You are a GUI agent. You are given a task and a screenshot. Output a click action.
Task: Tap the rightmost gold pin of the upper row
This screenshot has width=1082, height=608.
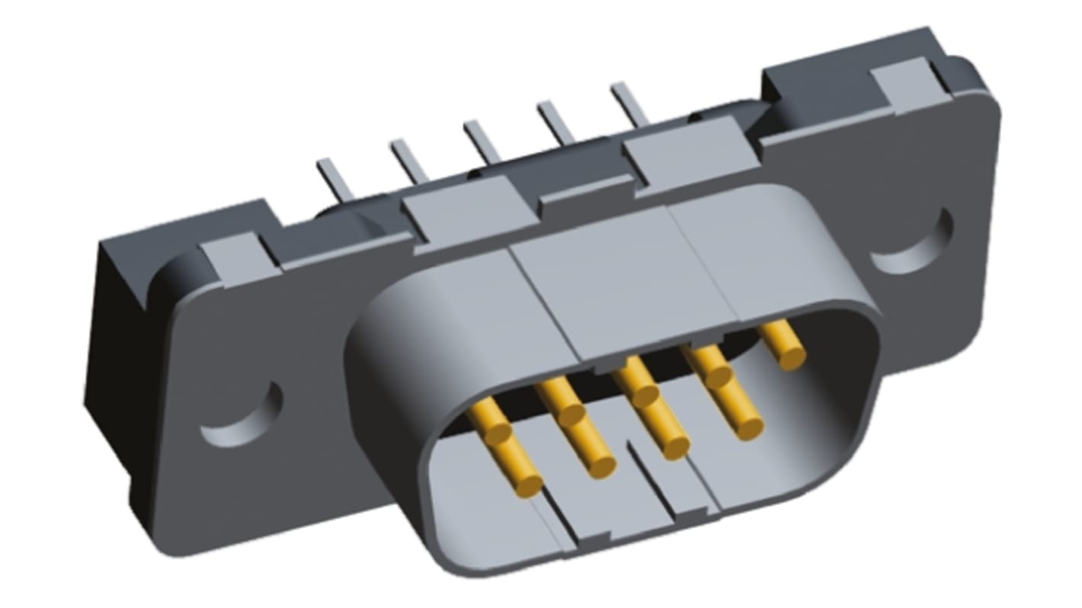tap(785, 344)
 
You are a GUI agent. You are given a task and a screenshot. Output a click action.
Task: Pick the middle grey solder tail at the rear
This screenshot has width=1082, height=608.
tap(483, 140)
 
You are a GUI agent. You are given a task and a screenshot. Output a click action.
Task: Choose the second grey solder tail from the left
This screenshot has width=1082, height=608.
tap(410, 160)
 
